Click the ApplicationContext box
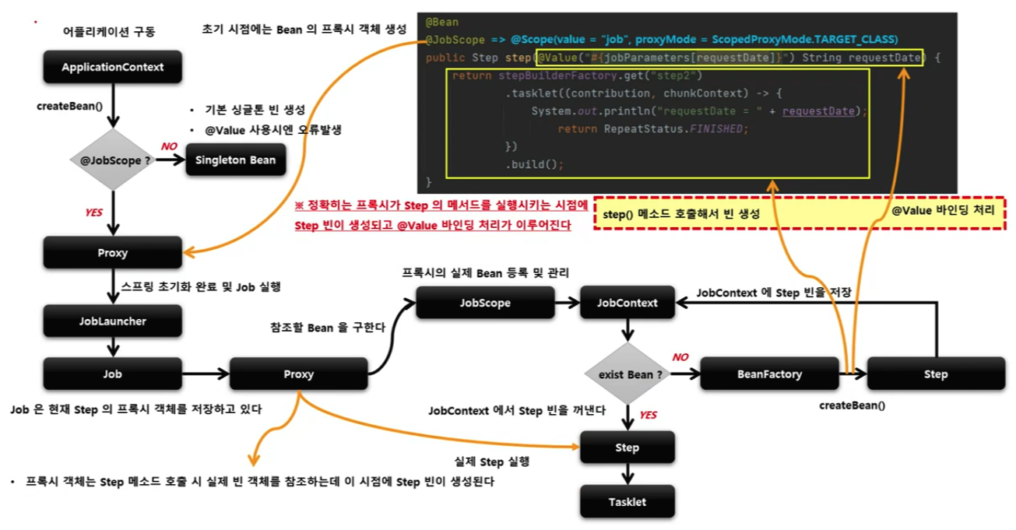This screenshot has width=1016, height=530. click(113, 67)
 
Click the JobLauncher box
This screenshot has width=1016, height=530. click(113, 320)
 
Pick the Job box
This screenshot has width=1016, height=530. click(113, 374)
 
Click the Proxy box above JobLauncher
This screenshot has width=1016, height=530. click(113, 253)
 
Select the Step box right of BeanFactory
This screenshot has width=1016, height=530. click(936, 374)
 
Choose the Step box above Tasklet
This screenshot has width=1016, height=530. click(627, 448)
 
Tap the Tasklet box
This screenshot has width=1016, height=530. click(627, 502)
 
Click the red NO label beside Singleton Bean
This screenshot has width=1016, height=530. click(169, 146)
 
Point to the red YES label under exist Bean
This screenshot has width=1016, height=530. click(648, 416)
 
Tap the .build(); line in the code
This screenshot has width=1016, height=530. click(534, 164)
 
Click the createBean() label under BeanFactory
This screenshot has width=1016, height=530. click(853, 405)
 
